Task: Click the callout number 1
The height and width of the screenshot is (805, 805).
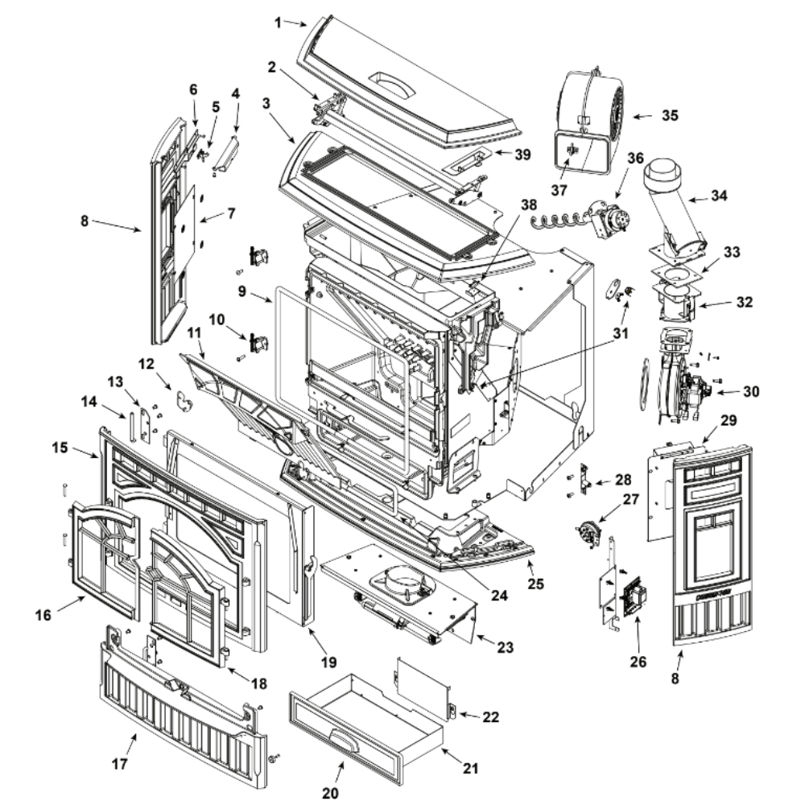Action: pos(278,22)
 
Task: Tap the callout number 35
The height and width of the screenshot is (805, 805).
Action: pos(668,115)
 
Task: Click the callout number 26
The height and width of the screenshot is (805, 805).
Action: pos(637,665)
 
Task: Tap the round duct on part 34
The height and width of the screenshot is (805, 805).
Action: pos(665,172)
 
